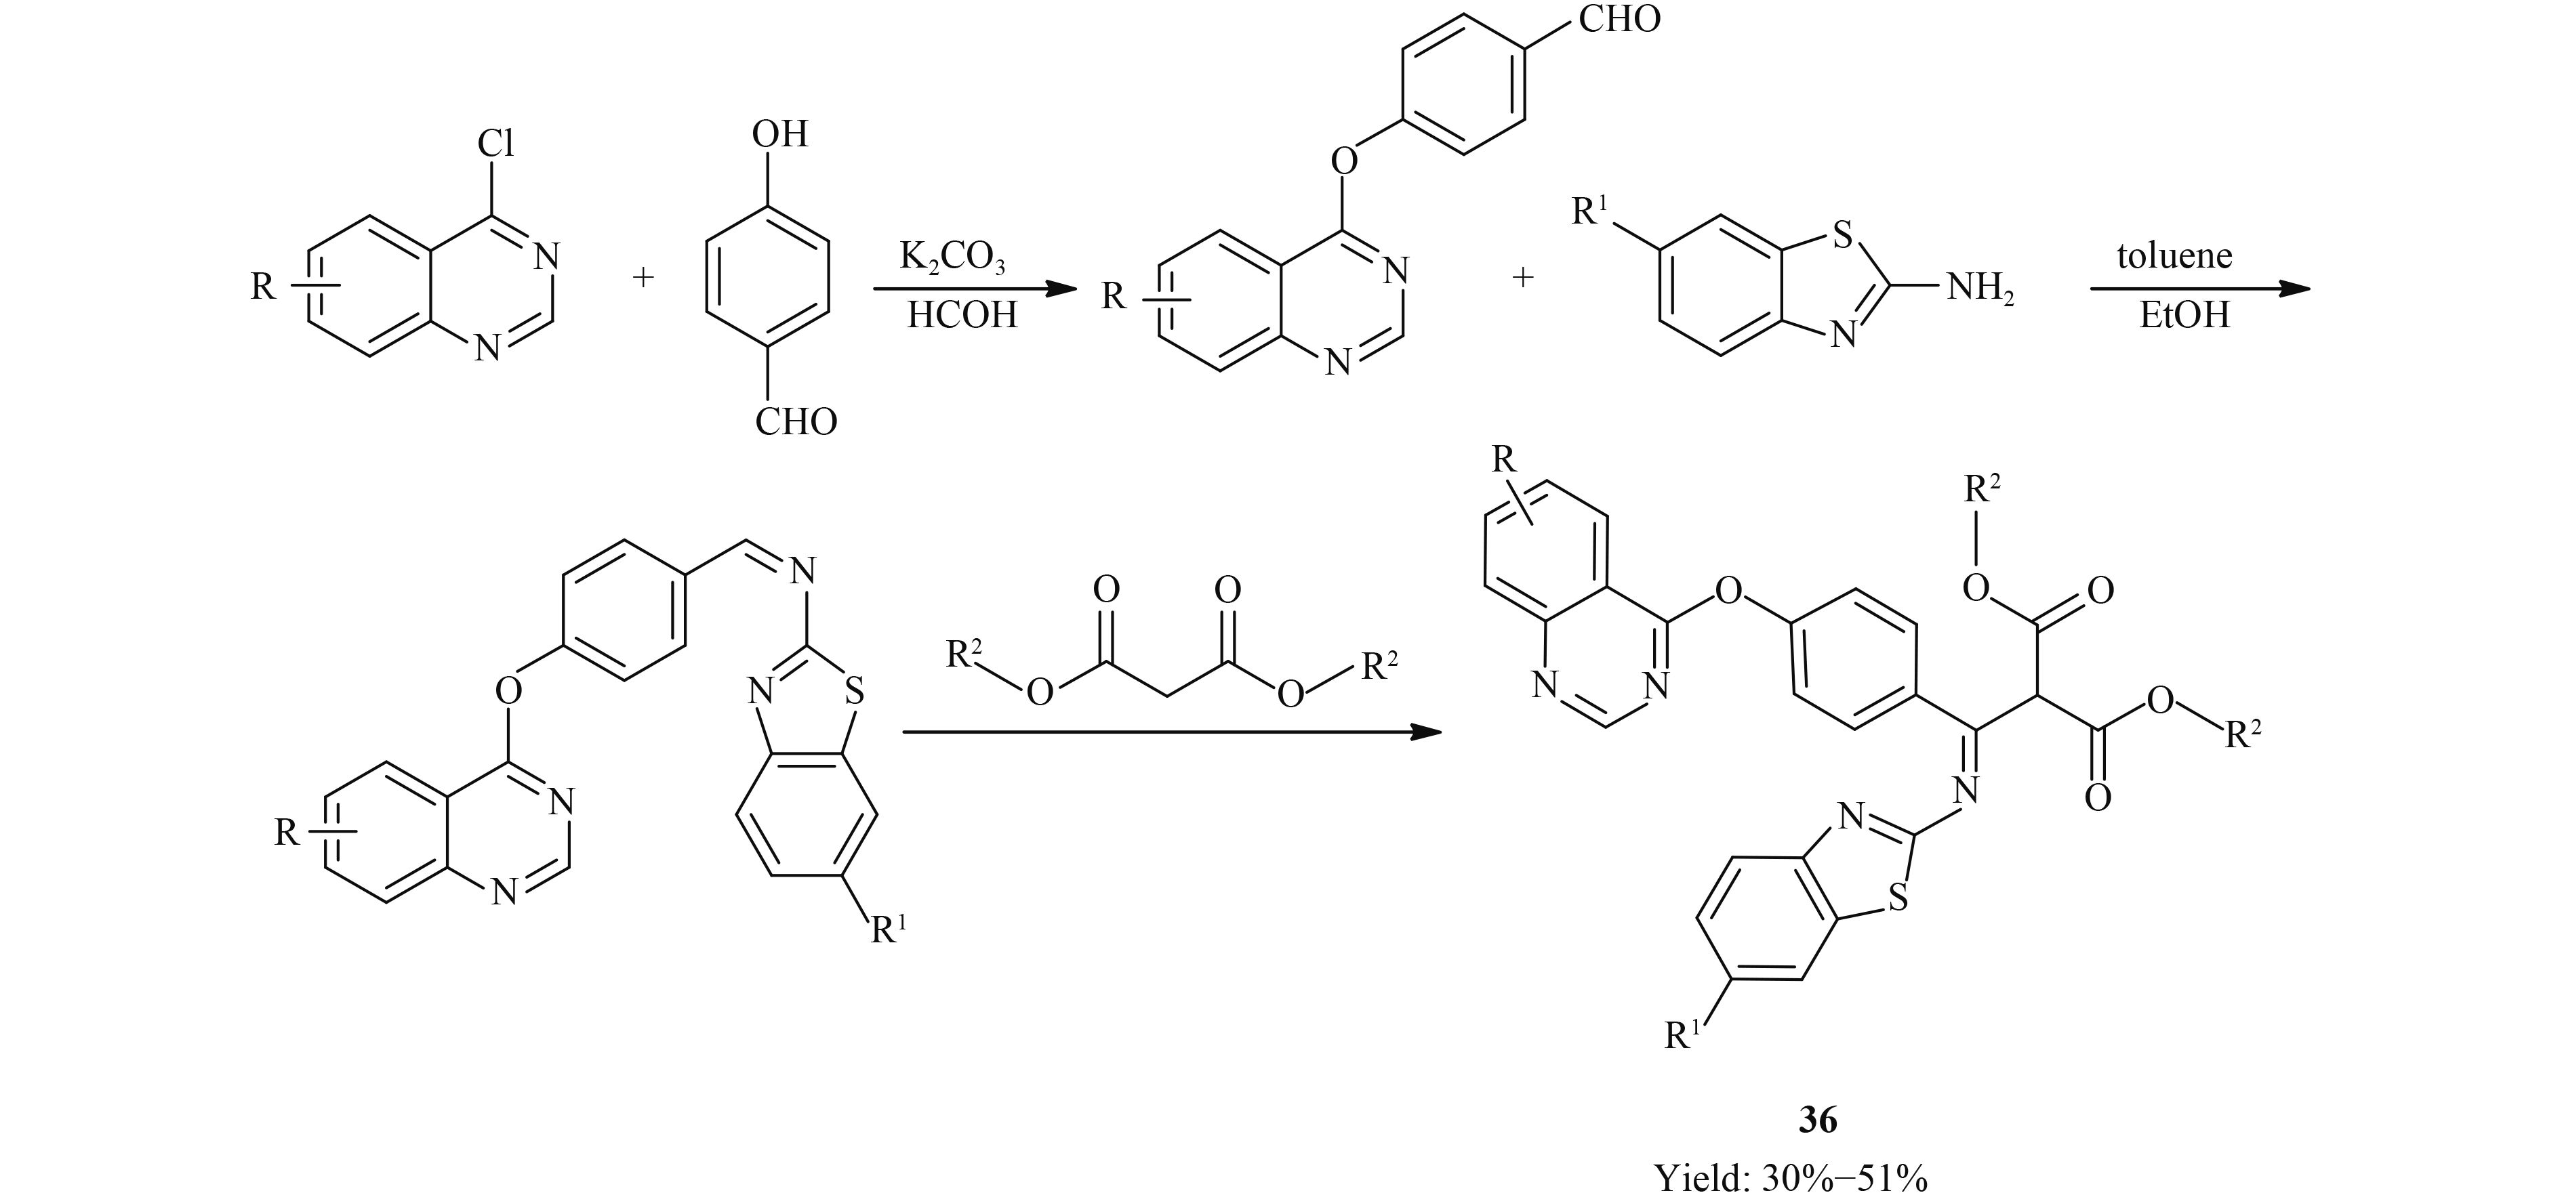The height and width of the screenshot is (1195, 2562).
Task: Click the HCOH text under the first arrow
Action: (962, 316)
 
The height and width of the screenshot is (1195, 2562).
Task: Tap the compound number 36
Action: (1818, 1120)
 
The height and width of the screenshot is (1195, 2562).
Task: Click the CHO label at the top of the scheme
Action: (1620, 20)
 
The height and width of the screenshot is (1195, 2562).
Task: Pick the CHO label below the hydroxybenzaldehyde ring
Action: (796, 423)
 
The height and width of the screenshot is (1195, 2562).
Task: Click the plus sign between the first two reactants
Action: (643, 277)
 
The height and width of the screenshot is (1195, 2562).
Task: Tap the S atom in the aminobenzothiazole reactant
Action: (1842, 236)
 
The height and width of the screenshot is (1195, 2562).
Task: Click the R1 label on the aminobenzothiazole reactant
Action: (1591, 212)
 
